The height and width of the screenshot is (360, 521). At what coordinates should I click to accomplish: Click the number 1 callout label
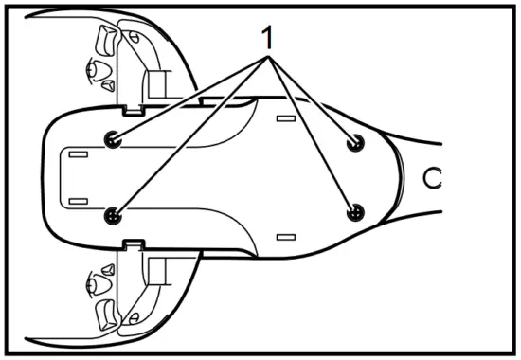[268, 37]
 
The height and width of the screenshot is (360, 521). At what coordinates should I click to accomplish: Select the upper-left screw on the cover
[114, 139]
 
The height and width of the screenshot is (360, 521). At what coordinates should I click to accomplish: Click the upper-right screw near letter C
[355, 142]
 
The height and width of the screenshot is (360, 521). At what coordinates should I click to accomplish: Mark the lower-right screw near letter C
[355, 212]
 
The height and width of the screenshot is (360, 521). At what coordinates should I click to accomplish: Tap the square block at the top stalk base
[156, 83]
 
